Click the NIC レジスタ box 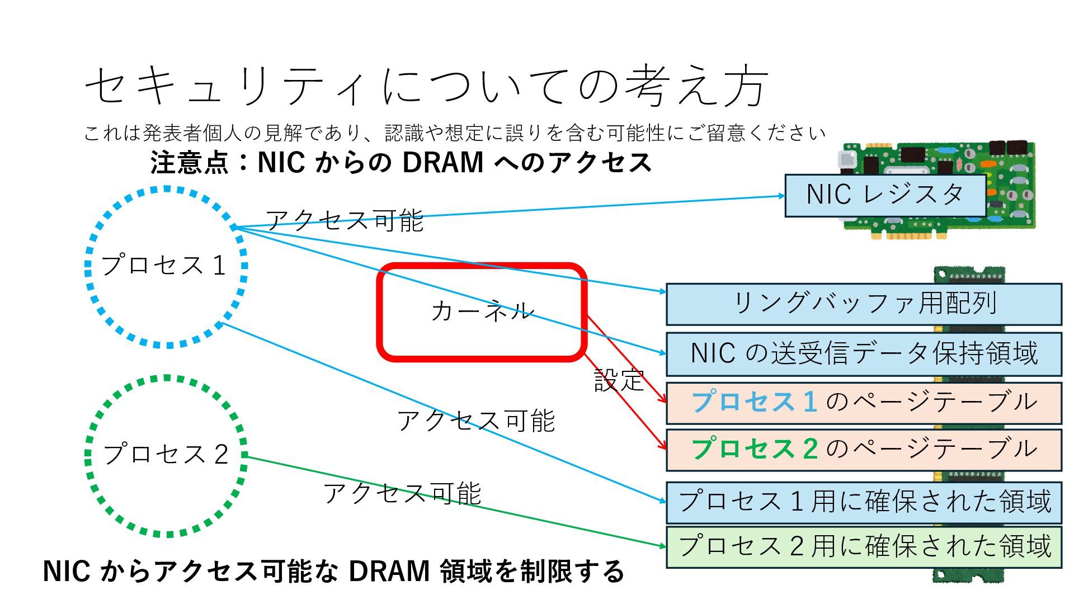click(885, 195)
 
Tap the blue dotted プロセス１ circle click(166, 266)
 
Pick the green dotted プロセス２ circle click(166, 455)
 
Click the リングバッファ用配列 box click(864, 304)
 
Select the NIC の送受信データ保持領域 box click(864, 354)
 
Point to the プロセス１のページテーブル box click(864, 403)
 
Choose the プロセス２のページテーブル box click(864, 450)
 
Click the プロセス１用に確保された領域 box click(864, 502)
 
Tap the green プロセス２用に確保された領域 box click(864, 546)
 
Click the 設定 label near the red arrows click(619, 381)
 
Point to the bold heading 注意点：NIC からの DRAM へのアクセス click(401, 163)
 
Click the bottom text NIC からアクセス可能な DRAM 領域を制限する click(333, 572)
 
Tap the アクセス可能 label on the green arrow click(402, 494)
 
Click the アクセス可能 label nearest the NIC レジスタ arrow click(345, 220)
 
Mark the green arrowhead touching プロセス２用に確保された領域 click(662, 546)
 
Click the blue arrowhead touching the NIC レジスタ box click(781, 196)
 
